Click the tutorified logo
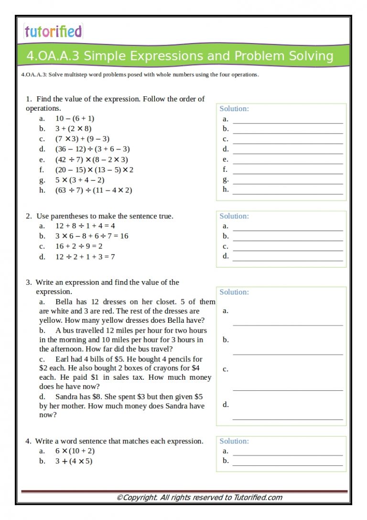click(x=53, y=32)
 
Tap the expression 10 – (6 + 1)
click(x=75, y=118)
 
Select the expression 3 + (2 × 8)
click(x=73, y=128)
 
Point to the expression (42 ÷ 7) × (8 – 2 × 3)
click(x=91, y=159)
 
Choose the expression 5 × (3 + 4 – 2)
click(x=80, y=180)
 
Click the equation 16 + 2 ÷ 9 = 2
click(x=79, y=246)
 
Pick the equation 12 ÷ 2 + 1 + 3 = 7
click(x=85, y=257)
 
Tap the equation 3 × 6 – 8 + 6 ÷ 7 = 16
click(x=92, y=236)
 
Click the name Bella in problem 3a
click(x=65, y=302)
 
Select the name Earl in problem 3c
click(x=63, y=359)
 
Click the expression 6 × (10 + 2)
click(x=75, y=451)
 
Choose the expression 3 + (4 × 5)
click(x=74, y=462)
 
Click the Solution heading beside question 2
click(x=234, y=216)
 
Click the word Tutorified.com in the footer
click(x=258, y=497)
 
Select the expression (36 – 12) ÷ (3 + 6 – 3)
click(x=92, y=149)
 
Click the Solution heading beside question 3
click(x=234, y=292)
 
